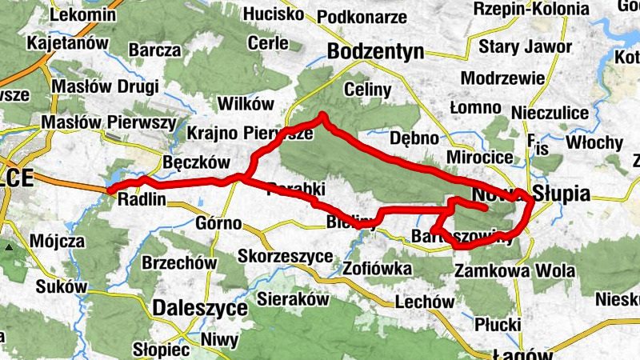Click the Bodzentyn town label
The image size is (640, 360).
click(x=375, y=52)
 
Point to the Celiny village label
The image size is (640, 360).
click(x=367, y=87)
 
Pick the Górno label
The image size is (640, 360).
click(x=218, y=223)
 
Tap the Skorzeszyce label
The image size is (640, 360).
click(x=286, y=256)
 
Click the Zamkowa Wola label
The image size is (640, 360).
click(x=514, y=271)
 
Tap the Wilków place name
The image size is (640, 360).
click(x=246, y=104)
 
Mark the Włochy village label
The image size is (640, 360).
click(x=594, y=142)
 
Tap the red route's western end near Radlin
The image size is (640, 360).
click(x=110, y=190)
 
